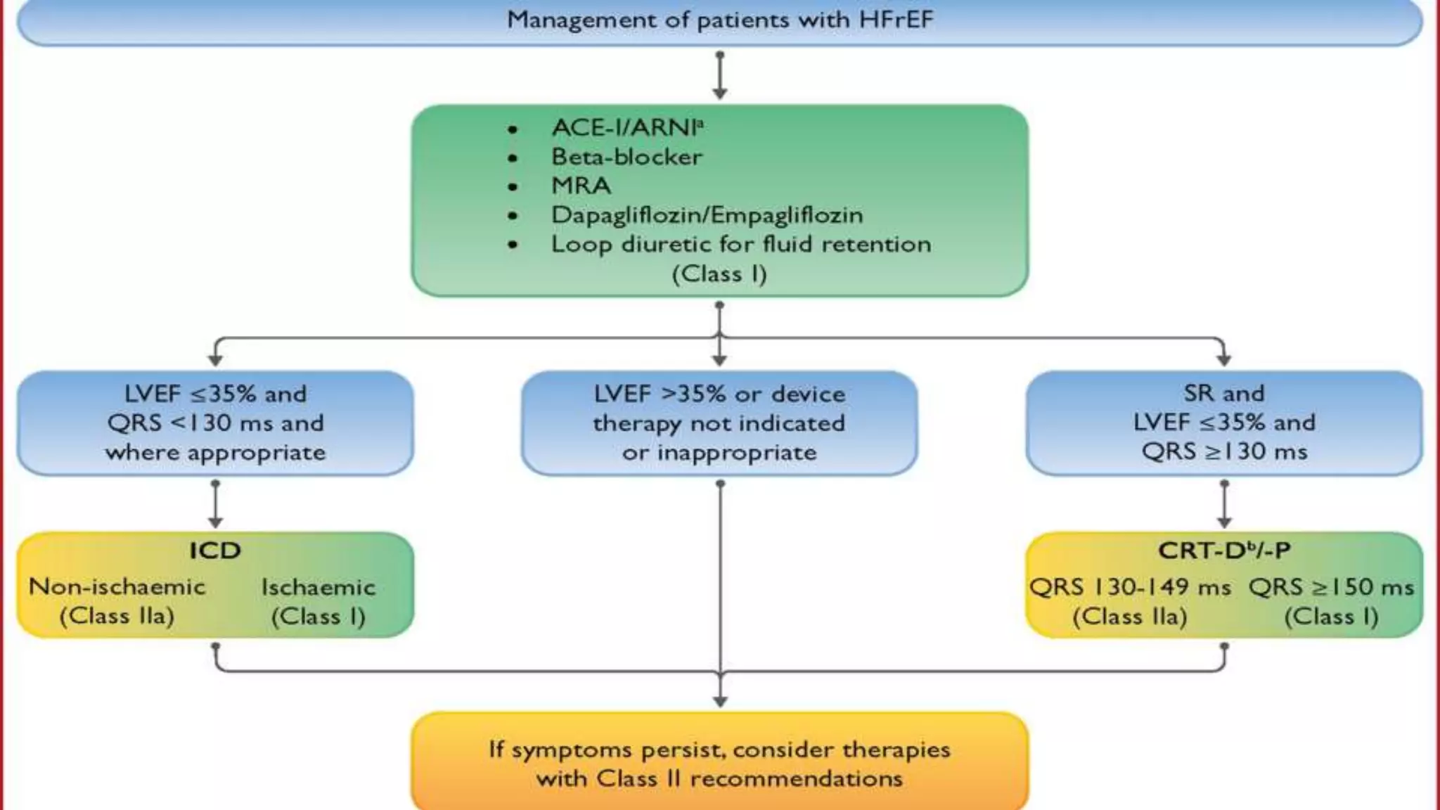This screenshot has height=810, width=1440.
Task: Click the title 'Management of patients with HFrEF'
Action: (x=720, y=20)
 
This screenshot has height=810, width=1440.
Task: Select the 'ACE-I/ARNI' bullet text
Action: (x=627, y=127)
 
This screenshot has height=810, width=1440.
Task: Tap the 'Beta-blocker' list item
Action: (x=626, y=157)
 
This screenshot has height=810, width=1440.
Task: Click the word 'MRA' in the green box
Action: (x=581, y=186)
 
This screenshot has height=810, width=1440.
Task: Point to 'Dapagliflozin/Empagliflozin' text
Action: (x=707, y=215)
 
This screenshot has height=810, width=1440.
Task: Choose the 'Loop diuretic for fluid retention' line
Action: (x=740, y=245)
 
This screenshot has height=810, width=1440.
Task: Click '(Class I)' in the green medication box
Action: (x=719, y=274)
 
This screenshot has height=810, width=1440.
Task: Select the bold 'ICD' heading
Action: (x=215, y=551)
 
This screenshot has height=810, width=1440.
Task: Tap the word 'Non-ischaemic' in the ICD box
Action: (x=117, y=586)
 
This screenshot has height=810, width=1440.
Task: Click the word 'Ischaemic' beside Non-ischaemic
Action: (x=319, y=587)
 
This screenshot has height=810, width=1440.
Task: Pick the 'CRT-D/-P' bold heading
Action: (x=1224, y=551)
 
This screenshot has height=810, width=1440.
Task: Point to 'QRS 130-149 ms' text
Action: (x=1130, y=587)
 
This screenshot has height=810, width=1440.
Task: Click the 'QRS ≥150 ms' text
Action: (x=1331, y=587)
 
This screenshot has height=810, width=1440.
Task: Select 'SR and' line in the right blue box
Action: (x=1223, y=393)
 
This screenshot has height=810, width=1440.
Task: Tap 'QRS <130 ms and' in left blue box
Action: (x=215, y=423)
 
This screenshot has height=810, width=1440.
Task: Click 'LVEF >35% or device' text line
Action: (x=719, y=394)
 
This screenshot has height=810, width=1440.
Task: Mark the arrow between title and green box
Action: (x=719, y=76)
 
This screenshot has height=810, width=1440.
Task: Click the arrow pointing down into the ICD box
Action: (x=215, y=505)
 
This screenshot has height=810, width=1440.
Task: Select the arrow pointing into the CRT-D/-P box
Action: (x=1224, y=505)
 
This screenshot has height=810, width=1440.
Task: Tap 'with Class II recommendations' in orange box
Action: (x=719, y=779)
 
